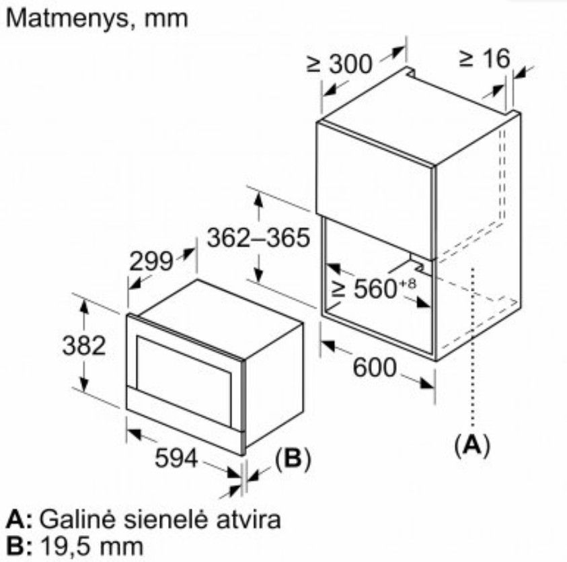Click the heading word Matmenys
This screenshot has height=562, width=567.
click(67, 19)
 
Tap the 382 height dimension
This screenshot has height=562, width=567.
click(84, 345)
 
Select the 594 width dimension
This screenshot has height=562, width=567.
click(176, 458)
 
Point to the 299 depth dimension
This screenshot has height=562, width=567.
click(151, 261)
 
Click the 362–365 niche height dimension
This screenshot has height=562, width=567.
click(258, 238)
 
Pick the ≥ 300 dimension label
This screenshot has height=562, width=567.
click(339, 64)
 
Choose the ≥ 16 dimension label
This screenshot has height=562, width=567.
click(484, 59)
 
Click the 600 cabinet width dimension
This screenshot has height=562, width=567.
click(374, 367)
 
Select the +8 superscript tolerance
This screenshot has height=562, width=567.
click(408, 284)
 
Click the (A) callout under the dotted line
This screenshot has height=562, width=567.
click(472, 445)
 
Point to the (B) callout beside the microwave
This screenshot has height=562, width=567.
click(293, 458)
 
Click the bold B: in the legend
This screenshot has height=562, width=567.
click(19, 547)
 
